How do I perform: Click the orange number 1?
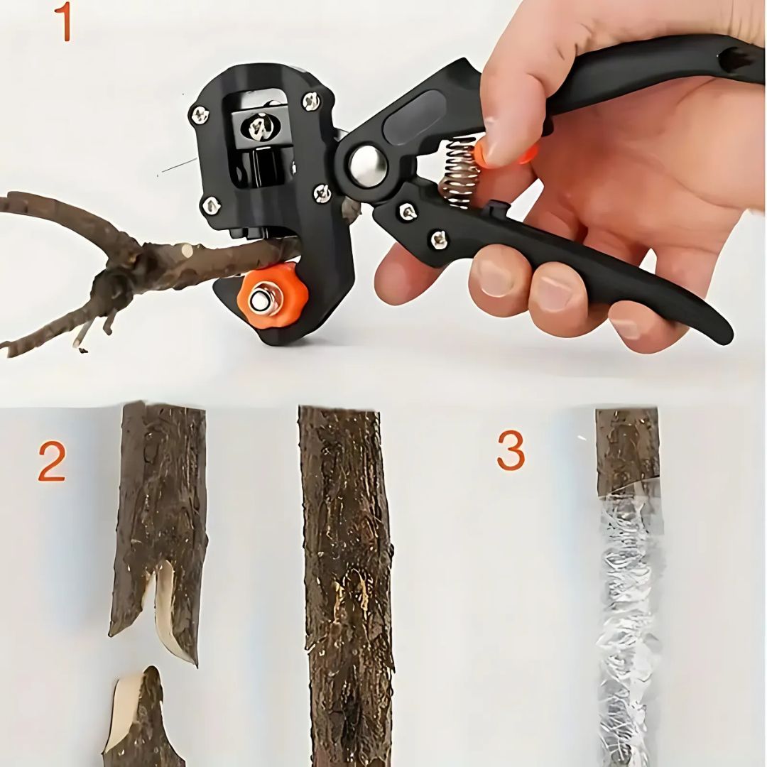click(64, 21)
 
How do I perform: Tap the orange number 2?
click(52, 462)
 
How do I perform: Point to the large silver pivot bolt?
click(368, 165)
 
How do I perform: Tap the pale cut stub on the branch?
click(187, 250)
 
